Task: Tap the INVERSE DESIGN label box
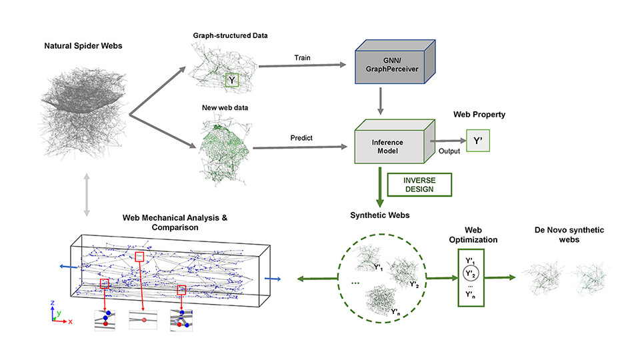pos(419,184)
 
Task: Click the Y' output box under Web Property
pos(477,141)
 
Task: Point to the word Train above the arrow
pos(302,57)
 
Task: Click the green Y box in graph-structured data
pos(232,81)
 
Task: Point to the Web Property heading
pos(478,114)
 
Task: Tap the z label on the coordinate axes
pos(53,303)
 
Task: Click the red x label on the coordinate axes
pos(70,321)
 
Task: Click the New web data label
pos(222,107)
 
